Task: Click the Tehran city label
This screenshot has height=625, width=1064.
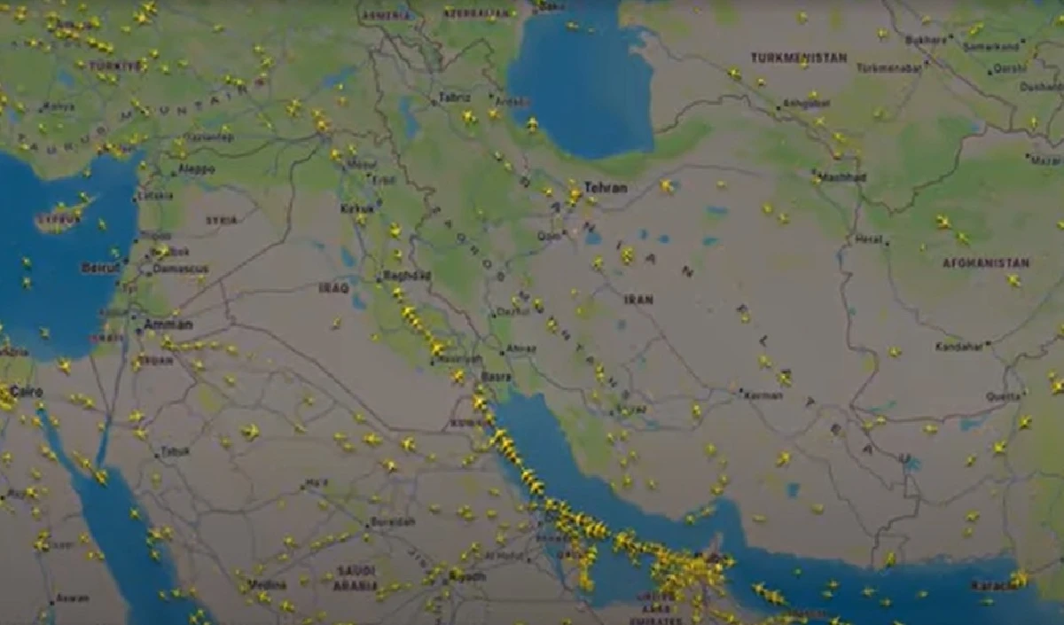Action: click(x=606, y=188)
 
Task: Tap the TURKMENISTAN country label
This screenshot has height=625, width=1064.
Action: click(x=798, y=58)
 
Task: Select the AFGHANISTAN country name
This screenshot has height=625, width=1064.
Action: click(x=986, y=263)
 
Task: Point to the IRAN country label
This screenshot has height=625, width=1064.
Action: click(x=638, y=300)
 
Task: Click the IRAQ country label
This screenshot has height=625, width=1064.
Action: click(x=333, y=287)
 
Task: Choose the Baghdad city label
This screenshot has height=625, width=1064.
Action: click(x=407, y=276)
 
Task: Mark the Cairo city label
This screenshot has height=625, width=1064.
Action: click(x=26, y=391)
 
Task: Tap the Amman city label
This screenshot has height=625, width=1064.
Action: click(x=168, y=324)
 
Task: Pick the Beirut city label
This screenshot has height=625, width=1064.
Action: click(x=100, y=267)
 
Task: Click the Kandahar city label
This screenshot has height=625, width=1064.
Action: click(x=959, y=346)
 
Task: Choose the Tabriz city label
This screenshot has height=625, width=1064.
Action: click(x=454, y=98)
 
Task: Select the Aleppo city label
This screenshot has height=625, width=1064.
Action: click(x=196, y=168)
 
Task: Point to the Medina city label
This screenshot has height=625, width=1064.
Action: click(x=266, y=584)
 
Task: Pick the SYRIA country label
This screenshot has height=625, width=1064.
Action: click(x=222, y=220)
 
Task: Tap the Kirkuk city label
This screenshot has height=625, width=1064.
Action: click(x=357, y=209)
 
